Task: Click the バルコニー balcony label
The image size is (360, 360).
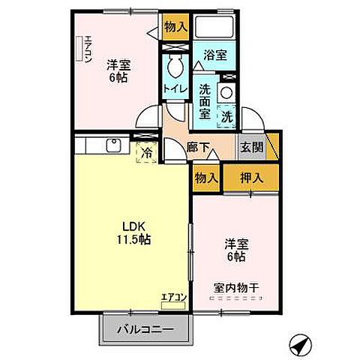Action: click(x=146, y=328)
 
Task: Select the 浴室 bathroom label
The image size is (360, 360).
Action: click(x=215, y=54)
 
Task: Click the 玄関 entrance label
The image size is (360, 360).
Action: click(x=251, y=147)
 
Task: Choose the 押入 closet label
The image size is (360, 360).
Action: click(x=251, y=178)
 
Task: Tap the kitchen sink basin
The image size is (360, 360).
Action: click(x=115, y=144)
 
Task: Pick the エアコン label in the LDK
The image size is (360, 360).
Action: click(x=172, y=297)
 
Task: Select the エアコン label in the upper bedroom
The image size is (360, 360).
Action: click(x=88, y=50)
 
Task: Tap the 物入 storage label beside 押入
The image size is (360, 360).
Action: click(x=206, y=178)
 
